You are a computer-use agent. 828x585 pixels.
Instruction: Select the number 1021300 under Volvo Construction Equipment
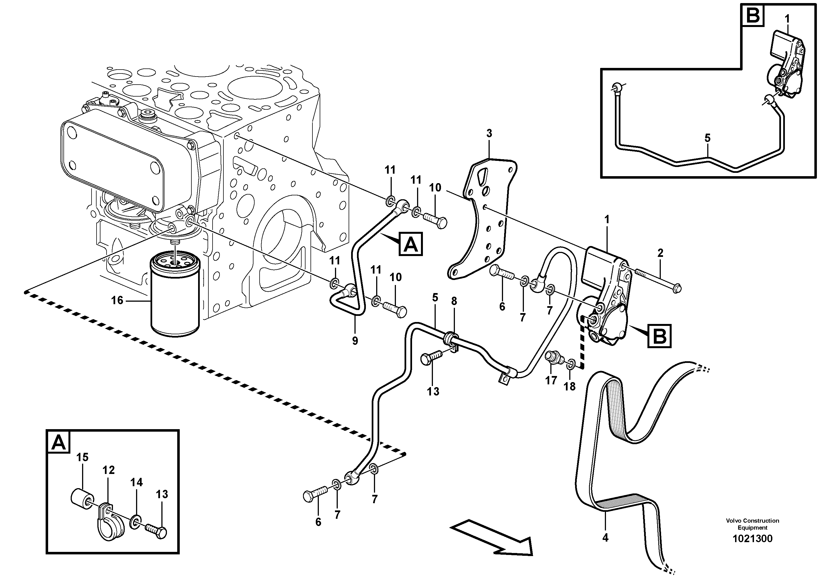(752, 539)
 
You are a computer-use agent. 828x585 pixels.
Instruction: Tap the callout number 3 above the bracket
(489, 133)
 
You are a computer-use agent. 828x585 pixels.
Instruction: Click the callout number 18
(570, 387)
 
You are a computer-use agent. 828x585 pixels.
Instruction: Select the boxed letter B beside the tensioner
(660, 336)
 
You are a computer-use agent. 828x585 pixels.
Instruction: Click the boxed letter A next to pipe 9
(410, 244)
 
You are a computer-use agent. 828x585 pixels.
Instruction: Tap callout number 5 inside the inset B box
(708, 138)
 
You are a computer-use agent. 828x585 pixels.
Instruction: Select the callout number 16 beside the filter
(117, 300)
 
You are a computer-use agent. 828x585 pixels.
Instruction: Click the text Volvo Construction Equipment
(752, 524)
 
